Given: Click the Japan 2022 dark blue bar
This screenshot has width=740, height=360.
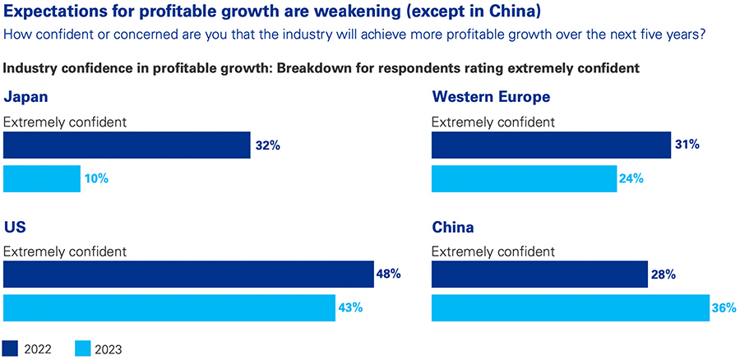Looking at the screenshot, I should [127, 145].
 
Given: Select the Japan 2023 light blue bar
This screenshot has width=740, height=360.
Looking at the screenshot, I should [42, 178].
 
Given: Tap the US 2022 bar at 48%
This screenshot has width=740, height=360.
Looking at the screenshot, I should [188, 275].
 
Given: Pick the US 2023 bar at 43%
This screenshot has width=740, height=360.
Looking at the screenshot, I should [169, 307].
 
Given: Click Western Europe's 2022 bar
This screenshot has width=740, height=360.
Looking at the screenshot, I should [551, 145].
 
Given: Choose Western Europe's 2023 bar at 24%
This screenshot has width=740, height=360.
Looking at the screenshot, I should [524, 178].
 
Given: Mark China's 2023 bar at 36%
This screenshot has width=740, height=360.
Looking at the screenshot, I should [571, 307].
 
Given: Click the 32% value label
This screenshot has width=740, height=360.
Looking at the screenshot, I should [268, 145].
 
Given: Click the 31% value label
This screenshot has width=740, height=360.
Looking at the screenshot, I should [687, 145].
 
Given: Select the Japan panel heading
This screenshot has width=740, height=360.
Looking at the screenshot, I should [25, 97].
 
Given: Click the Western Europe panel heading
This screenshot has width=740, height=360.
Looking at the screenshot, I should [491, 97].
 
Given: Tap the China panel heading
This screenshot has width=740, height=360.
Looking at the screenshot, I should [453, 227].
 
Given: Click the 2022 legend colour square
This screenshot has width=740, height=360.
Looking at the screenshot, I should [12, 348].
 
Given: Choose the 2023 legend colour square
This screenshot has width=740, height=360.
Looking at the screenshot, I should [82, 348].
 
